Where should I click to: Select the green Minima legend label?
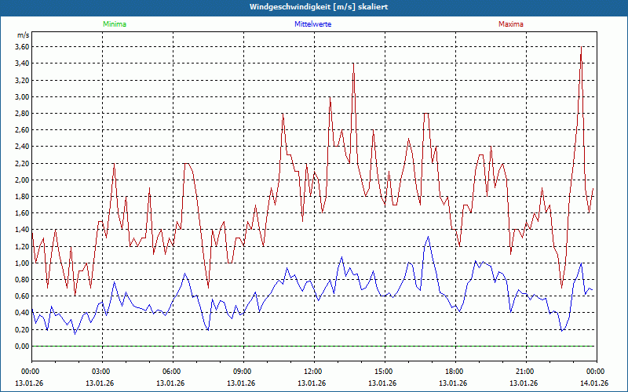coord(114,24)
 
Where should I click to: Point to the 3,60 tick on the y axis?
coord(21,47)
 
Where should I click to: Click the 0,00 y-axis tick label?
coord(21,347)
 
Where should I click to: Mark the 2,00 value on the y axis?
coord(21,180)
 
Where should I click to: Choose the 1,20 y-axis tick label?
coord(21,246)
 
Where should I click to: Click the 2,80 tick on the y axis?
coord(21,114)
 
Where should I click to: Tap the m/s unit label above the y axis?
coord(23,35)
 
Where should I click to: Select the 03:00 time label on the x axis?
coord(101,372)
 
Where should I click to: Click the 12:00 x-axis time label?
coord(313,372)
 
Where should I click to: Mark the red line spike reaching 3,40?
coord(354,64)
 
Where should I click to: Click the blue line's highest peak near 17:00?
coord(428,238)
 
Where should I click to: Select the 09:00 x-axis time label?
coord(243,372)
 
